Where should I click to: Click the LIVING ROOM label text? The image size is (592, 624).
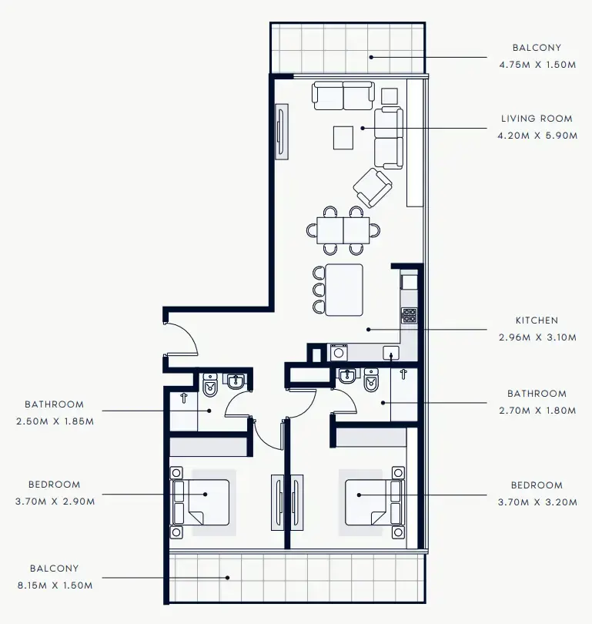[x=537, y=119]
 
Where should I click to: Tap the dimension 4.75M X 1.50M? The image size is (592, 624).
[x=537, y=65]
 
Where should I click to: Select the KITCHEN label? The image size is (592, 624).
[x=537, y=320]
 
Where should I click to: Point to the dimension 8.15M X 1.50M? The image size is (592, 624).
[x=54, y=585]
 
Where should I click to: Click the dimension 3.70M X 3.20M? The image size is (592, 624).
[x=537, y=501]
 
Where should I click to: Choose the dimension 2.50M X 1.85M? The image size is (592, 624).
[x=54, y=421]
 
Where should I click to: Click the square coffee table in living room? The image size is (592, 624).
[x=343, y=138]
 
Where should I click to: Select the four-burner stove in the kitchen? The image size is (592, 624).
[x=409, y=315]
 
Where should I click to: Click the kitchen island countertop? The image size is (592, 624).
[x=343, y=290]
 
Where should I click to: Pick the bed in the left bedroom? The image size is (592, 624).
[x=202, y=502]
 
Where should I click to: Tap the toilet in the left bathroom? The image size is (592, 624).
[x=210, y=385]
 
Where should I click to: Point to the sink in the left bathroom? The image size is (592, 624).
[x=236, y=382]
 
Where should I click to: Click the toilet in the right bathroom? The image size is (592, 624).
[x=373, y=381]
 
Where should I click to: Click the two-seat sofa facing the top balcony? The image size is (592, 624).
[x=343, y=96]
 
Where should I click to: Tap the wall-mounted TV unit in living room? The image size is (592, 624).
[x=282, y=133]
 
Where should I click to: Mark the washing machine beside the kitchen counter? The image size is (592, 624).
[x=339, y=353]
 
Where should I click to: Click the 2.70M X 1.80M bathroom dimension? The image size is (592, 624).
[x=537, y=411]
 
